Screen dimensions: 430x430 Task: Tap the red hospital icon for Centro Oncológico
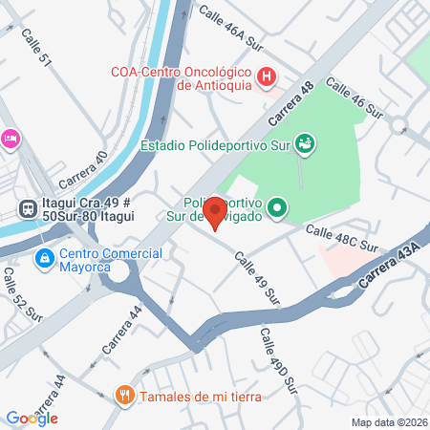pyautogui.click(x=269, y=75)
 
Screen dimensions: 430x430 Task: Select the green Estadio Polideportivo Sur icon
pyautogui.click(x=305, y=144)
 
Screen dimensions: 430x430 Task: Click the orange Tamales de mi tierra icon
pyautogui.click(x=124, y=395)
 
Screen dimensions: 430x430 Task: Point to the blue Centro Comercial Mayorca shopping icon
pyautogui.click(x=44, y=258)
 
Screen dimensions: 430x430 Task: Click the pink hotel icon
pyautogui.click(x=10, y=139)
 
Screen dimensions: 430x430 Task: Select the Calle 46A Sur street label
pyautogui.click(x=230, y=26)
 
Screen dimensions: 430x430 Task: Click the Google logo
pyautogui.click(x=32, y=418)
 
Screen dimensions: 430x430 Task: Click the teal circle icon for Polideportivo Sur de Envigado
pyautogui.click(x=277, y=206)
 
